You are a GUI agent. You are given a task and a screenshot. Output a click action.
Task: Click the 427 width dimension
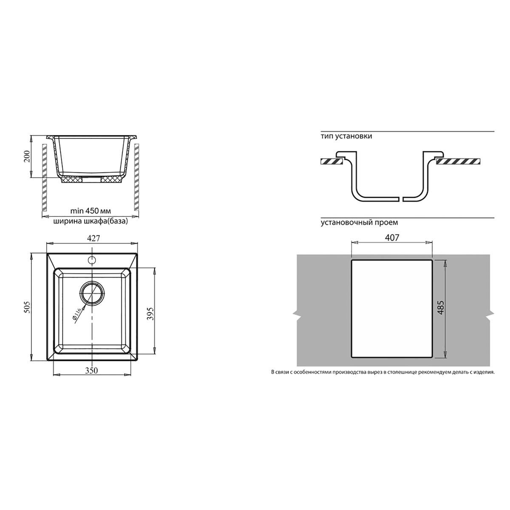[x=93, y=238]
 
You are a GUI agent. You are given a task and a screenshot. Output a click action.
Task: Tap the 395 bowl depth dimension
[x=150, y=313]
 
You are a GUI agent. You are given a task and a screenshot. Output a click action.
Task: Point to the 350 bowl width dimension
[x=91, y=371]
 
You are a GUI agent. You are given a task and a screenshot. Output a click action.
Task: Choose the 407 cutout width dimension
[x=392, y=238]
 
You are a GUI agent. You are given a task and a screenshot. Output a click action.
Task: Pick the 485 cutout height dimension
[x=441, y=307]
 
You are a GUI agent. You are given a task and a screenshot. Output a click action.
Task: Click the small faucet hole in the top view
[x=91, y=260]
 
